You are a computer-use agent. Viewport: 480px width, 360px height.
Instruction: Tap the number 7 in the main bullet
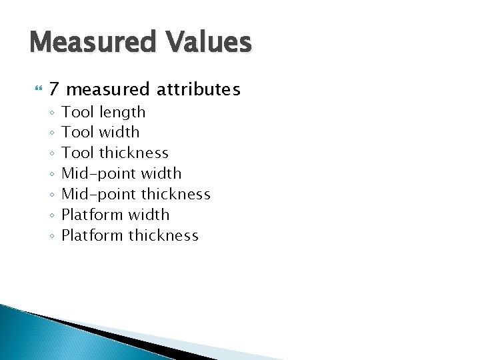[55, 89]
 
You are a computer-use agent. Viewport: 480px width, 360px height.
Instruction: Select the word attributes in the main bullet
[199, 89]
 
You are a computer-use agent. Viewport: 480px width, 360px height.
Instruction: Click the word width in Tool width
[119, 132]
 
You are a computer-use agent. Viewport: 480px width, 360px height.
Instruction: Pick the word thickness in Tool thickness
[134, 153]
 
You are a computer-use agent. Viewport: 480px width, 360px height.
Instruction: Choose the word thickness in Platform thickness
[163, 235]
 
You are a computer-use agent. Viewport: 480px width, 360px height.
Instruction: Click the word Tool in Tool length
[77, 112]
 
